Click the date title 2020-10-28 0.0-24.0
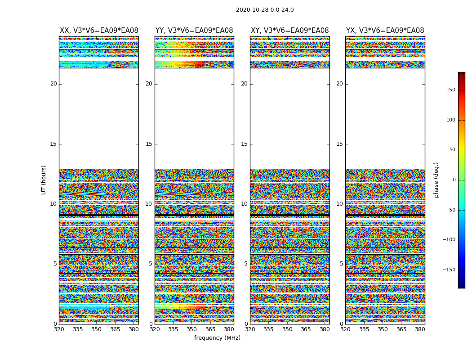click(x=265, y=10)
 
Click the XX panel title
click(x=99, y=31)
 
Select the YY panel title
click(x=194, y=31)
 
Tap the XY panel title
click(x=289, y=31)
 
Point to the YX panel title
click(x=385, y=31)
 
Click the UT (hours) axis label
click(x=44, y=180)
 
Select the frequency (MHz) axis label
click(x=217, y=338)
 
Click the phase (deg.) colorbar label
click(x=436, y=180)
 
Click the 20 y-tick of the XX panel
click(x=53, y=84)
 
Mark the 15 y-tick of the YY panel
click(x=149, y=144)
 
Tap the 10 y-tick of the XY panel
click(x=244, y=204)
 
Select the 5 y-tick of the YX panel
click(x=341, y=264)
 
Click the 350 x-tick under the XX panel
click(x=96, y=329)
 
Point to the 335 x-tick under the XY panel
click(x=268, y=329)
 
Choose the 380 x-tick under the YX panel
click(x=420, y=329)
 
